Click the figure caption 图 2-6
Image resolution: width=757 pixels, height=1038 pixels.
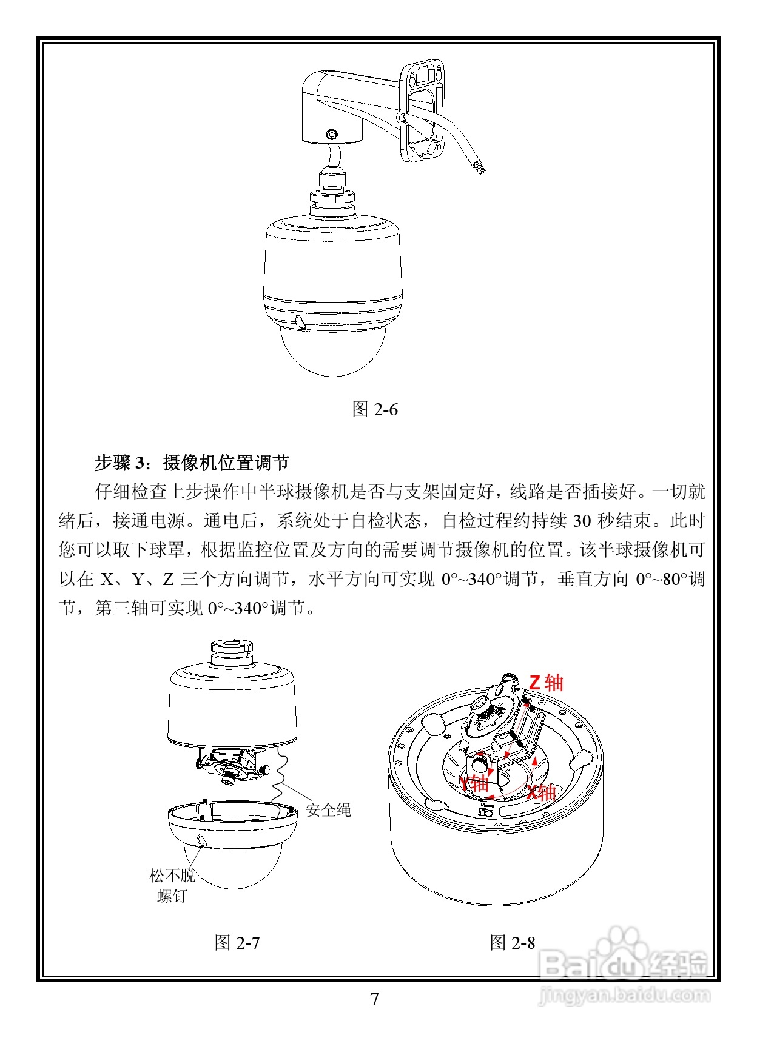point(375,409)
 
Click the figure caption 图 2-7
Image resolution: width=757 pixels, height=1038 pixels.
point(237,942)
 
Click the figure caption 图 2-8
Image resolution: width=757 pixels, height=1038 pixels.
point(513,942)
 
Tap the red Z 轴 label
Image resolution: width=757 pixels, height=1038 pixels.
point(546,683)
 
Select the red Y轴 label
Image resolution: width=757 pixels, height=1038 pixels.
point(474,783)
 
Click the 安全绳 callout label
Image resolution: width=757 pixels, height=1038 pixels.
point(328,809)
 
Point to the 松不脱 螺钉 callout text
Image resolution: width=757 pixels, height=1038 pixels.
point(172,885)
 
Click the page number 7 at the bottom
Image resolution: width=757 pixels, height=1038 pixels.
point(374,999)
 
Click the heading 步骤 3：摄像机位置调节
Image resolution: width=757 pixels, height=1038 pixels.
point(192,463)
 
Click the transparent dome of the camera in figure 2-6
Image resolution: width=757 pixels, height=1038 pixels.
point(332,352)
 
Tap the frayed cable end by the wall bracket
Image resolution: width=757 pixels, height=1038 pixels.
point(478,166)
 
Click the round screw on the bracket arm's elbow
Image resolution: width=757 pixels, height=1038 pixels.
point(331,134)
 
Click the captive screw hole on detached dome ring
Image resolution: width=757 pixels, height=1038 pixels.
point(202,840)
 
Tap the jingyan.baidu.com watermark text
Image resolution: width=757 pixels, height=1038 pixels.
point(625,995)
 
